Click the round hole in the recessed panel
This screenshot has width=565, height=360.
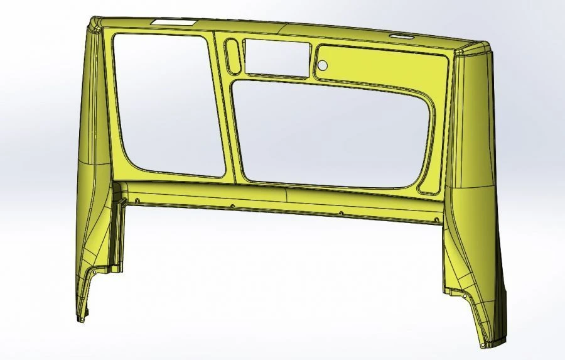coord(322,65)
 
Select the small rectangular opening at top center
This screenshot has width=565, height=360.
coord(277,58)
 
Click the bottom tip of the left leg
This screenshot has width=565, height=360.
coord(80,319)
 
